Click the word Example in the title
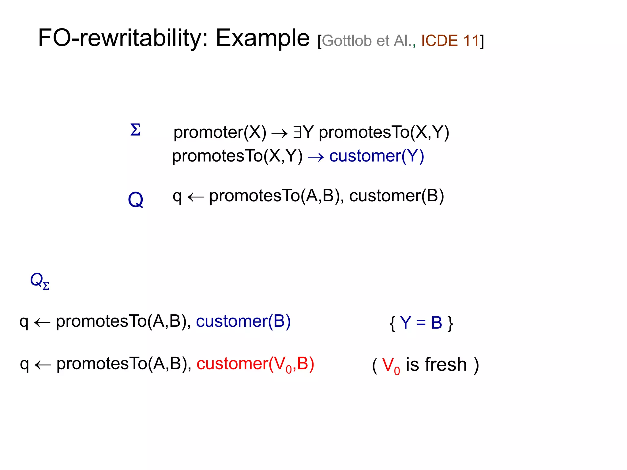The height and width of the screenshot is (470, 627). pyautogui.click(x=263, y=38)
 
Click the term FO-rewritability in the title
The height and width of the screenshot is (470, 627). pyautogui.click(x=123, y=38)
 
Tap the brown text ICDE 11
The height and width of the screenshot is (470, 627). pyautogui.click(x=450, y=41)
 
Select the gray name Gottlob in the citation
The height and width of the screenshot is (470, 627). pyautogui.click(x=347, y=41)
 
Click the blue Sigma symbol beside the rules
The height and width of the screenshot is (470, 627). pyautogui.click(x=135, y=130)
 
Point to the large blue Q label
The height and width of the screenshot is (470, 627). pyautogui.click(x=135, y=200)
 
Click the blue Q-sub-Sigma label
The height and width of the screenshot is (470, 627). pyautogui.click(x=39, y=281)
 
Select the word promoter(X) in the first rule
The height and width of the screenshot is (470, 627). pyautogui.click(x=220, y=132)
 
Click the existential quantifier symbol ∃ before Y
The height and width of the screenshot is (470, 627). pyautogui.click(x=297, y=132)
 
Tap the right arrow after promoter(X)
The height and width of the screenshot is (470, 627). pyautogui.click(x=280, y=133)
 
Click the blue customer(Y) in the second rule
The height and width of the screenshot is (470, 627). pyautogui.click(x=377, y=156)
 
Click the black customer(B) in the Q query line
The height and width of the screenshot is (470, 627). pyautogui.click(x=396, y=196)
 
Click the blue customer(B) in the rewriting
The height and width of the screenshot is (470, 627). pyautogui.click(x=243, y=321)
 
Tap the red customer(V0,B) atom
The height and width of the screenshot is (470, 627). pyautogui.click(x=255, y=364)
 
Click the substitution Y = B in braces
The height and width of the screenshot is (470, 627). pyautogui.click(x=421, y=323)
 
